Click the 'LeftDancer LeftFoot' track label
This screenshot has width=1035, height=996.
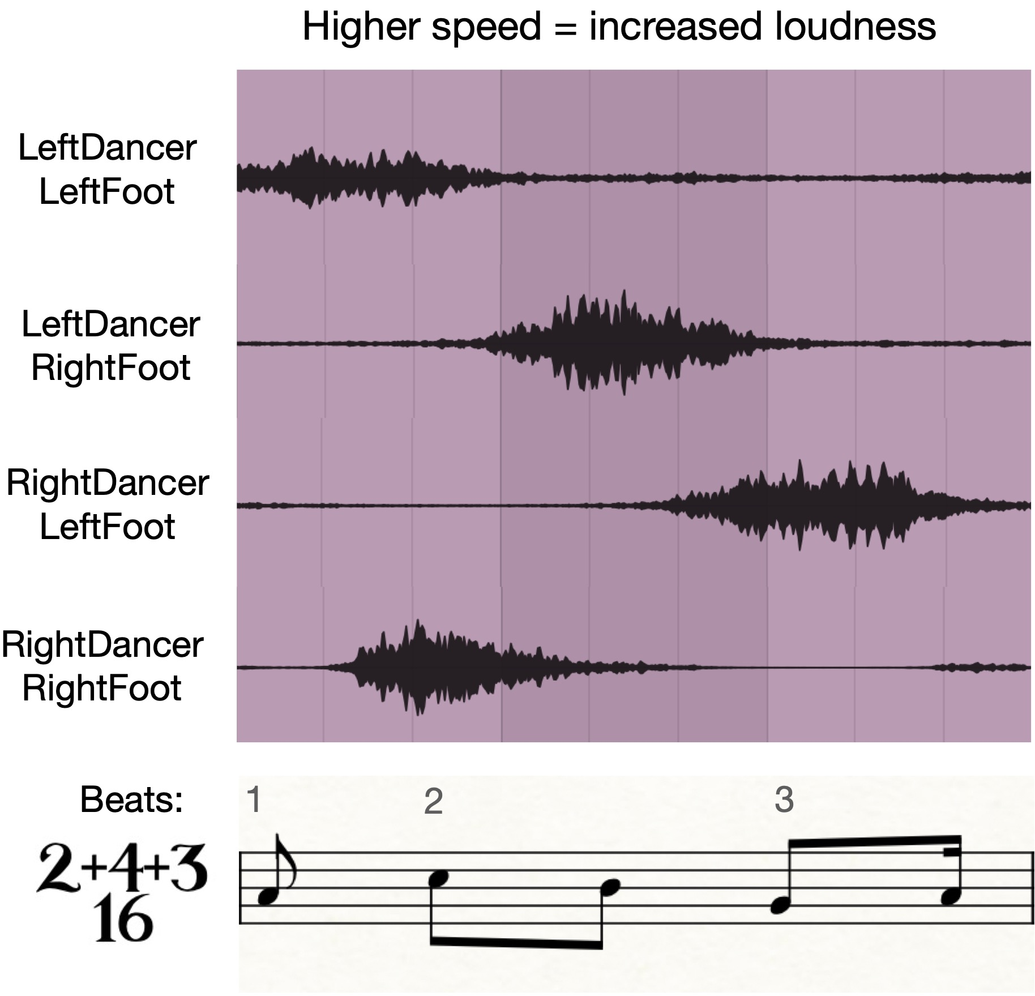(x=107, y=169)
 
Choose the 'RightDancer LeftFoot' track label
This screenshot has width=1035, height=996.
(x=108, y=505)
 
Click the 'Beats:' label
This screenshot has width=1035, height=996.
(x=132, y=800)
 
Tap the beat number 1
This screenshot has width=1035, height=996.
(x=254, y=800)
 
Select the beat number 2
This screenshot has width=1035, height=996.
(x=433, y=802)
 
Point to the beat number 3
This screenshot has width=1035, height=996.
(x=784, y=800)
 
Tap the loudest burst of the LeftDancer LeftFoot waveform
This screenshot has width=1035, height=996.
(x=310, y=178)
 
